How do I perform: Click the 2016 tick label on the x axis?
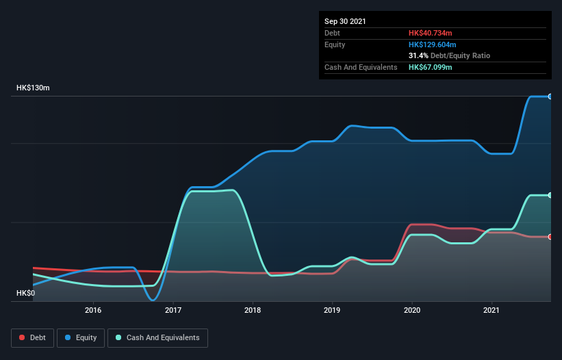[x=93, y=310]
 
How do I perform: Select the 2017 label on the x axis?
[x=173, y=310]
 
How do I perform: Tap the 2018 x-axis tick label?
[x=253, y=310]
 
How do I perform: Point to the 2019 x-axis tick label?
[x=333, y=310]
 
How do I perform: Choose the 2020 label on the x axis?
[x=412, y=310]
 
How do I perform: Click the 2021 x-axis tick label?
[x=491, y=310]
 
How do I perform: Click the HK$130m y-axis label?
[x=34, y=88]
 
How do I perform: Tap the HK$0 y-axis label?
[x=25, y=293]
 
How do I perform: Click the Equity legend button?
[x=81, y=337]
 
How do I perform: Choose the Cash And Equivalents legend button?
[x=157, y=337]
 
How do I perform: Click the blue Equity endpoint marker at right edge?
[x=550, y=97]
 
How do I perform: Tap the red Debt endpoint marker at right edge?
[x=550, y=237]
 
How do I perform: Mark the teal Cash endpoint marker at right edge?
[x=550, y=195]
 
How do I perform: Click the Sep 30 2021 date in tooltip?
[x=345, y=21]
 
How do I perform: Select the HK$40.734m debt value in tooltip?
[x=431, y=33]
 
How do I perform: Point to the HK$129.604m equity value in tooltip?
[x=433, y=44]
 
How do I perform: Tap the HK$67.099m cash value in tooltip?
[x=431, y=67]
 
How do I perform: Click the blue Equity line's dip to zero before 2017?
[x=153, y=300]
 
